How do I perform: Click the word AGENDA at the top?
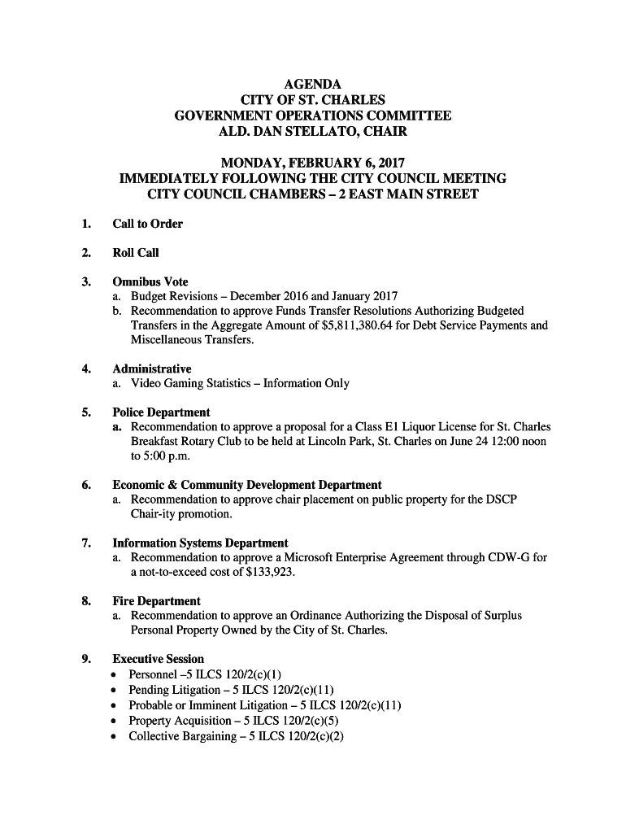[x=313, y=85]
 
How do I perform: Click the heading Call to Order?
[x=147, y=224]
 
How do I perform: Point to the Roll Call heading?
[x=136, y=253]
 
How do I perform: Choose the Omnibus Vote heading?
[x=150, y=282]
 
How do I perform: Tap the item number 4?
[x=85, y=369]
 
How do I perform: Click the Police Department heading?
[x=161, y=412]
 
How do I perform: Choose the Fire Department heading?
[x=156, y=601]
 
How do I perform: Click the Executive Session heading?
[x=158, y=659]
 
